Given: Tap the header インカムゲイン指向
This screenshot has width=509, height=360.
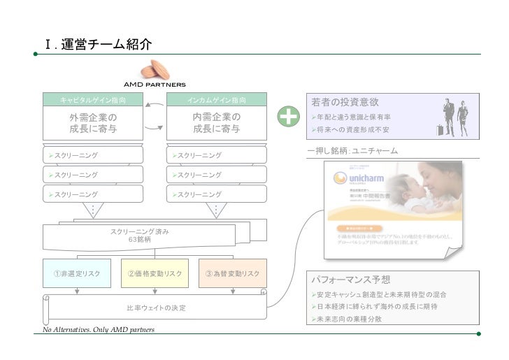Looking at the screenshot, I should [217, 101].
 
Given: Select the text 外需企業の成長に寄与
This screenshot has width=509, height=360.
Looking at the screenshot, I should [92, 122].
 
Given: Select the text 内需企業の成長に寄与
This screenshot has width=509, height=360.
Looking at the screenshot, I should [217, 122].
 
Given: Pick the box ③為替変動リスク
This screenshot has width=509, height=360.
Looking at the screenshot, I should [232, 273].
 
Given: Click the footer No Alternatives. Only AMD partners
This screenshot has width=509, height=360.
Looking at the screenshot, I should [99, 329].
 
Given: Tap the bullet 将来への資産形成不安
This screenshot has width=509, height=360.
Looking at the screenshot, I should [352, 130].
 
